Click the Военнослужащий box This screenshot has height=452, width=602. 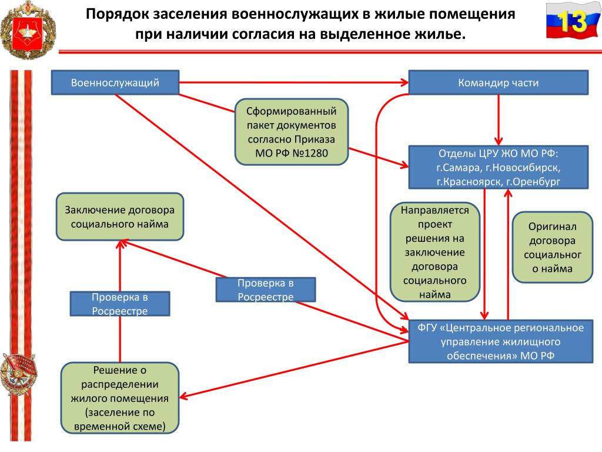115,82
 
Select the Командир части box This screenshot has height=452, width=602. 499,82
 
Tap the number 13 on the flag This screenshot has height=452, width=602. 572,22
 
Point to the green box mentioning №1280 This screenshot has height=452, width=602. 292,132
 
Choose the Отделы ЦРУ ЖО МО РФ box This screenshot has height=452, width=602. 499,167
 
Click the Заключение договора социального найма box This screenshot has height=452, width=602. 120,217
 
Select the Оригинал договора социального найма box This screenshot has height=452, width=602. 553,247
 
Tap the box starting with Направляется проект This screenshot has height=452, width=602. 435,252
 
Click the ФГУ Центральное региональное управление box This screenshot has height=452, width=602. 501,341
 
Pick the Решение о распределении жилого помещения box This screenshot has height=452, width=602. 120,398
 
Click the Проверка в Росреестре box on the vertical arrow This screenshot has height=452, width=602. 120,304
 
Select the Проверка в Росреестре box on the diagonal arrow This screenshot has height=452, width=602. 266,290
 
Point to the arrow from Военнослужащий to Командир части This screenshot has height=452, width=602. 294,82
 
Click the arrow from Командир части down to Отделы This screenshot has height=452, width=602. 499,120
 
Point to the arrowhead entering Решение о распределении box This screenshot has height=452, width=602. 183,396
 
